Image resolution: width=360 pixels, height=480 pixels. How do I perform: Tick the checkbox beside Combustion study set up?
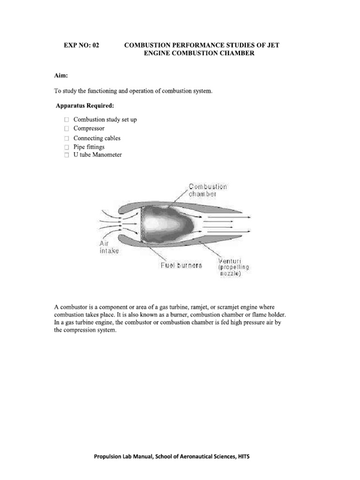click(x=67, y=120)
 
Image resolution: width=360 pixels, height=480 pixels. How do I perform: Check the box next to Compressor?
click(x=67, y=128)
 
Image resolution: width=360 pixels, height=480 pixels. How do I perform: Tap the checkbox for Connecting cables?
click(x=67, y=138)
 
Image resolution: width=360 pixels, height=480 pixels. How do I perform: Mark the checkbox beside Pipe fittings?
click(x=67, y=147)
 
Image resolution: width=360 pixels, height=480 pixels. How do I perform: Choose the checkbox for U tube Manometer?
click(x=67, y=155)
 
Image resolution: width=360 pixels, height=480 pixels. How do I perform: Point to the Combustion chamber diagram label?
click(x=208, y=190)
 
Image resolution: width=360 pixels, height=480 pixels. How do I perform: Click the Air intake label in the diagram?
click(x=109, y=247)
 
